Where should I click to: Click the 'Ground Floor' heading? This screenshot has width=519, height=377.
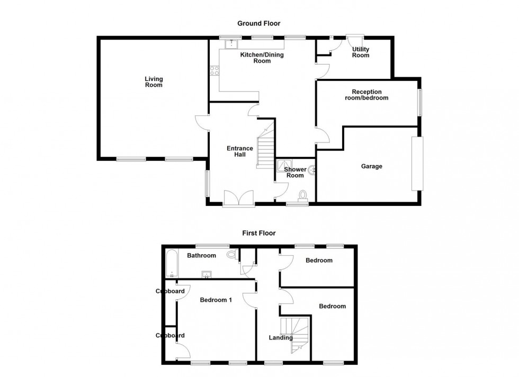pos(258,23)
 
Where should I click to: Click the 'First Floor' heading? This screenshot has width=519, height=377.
pos(259,233)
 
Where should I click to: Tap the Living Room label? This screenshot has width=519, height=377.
pos(154,82)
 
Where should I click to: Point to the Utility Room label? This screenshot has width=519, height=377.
pos(361,52)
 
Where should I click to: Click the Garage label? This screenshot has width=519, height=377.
pos(371,166)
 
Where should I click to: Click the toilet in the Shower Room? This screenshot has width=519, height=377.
pos(302,196)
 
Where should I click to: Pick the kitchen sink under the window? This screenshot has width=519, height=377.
pos(231,45)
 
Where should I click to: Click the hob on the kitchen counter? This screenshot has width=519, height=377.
pos(214,70)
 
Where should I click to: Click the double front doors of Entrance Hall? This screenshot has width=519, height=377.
pos(238,199)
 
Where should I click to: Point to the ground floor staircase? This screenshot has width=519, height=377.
pos(265,146)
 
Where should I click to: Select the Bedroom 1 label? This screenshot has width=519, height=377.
pos(216,300)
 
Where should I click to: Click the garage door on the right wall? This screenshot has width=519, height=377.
pos(418,164)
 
